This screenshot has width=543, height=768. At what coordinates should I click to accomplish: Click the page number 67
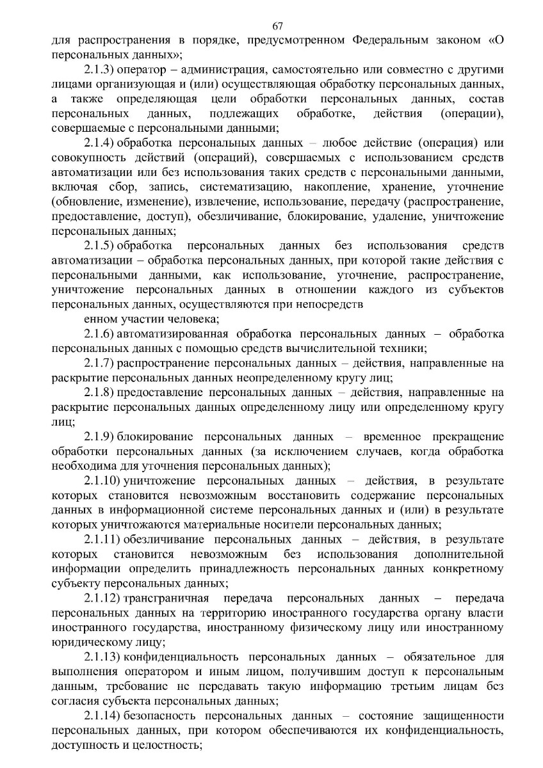[277, 26]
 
